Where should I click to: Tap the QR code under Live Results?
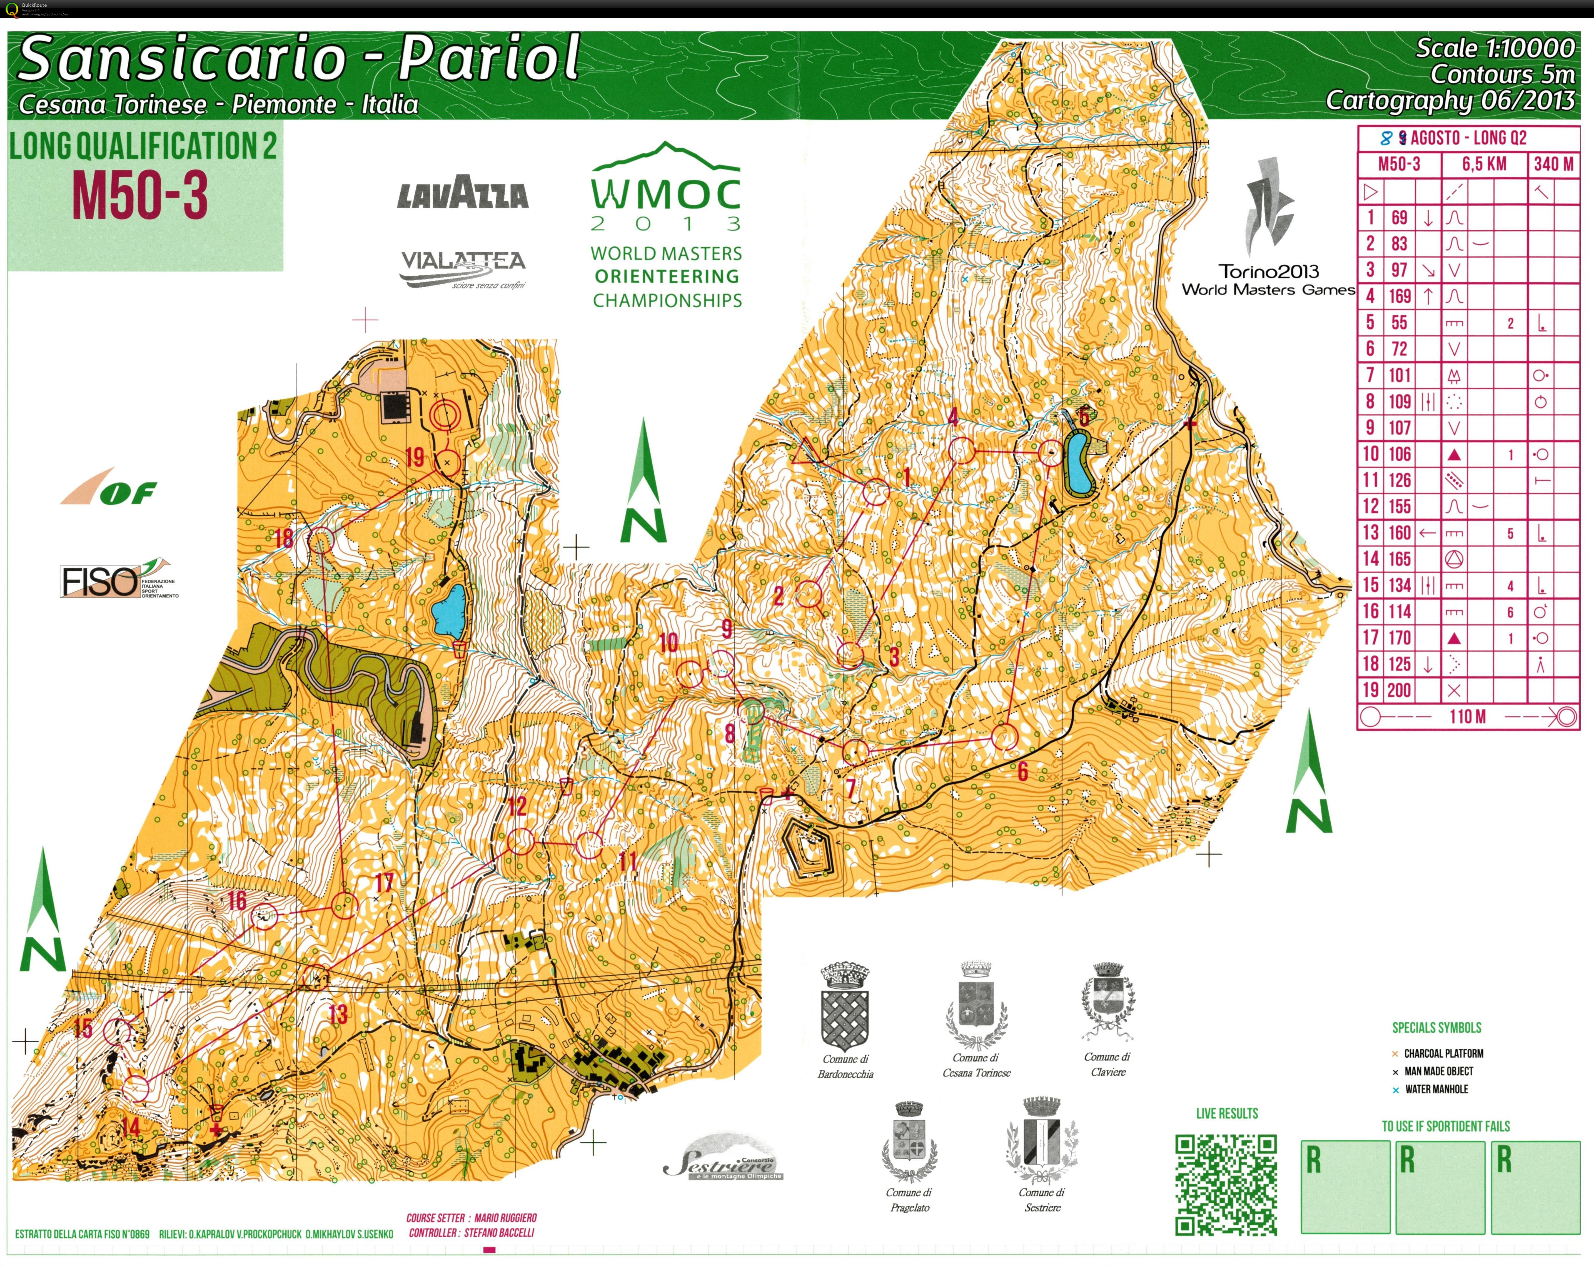point(1226,1185)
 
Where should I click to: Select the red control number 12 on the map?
point(517,805)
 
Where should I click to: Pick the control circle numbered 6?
point(1004,737)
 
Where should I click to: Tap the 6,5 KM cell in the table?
point(1484,164)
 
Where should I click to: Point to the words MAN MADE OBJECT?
point(1439,1071)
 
